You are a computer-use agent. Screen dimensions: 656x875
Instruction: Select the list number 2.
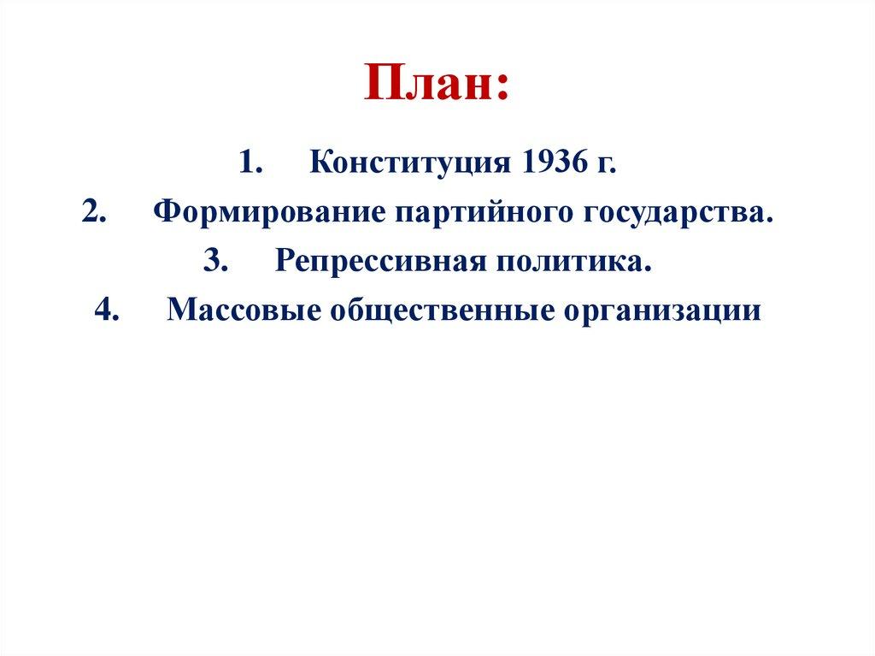click(x=93, y=211)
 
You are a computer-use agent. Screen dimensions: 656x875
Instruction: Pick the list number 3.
click(x=214, y=260)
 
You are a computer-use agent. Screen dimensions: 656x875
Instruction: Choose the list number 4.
click(x=107, y=309)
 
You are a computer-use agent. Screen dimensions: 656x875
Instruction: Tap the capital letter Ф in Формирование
click(x=166, y=211)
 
